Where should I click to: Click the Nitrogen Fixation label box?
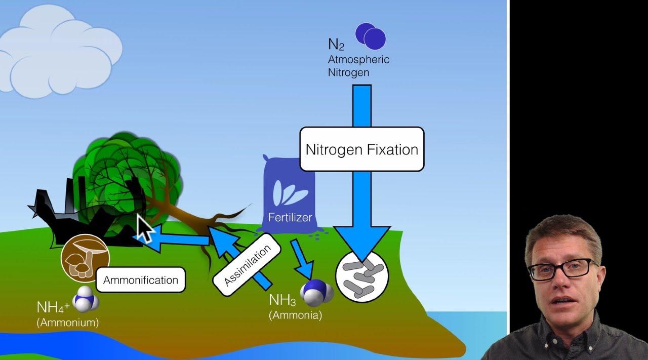coord(361,149)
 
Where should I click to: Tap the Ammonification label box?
coord(140,280)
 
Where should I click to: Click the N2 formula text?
coord(336,45)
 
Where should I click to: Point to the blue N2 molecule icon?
coord(371,35)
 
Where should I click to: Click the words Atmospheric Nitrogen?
coord(358,66)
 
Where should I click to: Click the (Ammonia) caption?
coord(295,315)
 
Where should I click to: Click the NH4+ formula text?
coord(53,307)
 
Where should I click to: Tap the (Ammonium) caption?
coord(68,322)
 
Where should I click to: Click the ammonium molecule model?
coord(86,300)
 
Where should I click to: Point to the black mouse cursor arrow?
coord(145,229)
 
